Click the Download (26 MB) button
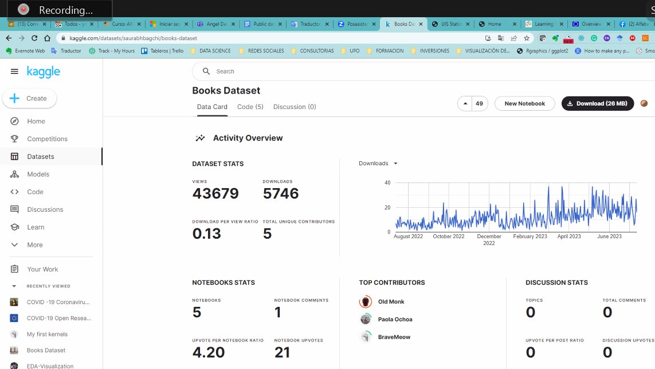click(x=597, y=103)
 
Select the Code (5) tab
click(x=250, y=107)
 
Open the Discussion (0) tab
click(x=295, y=107)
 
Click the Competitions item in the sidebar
click(x=47, y=139)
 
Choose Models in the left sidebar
click(x=38, y=174)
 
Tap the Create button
click(x=29, y=98)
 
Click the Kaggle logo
click(x=43, y=72)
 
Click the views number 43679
click(x=215, y=194)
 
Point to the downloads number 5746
click(x=281, y=194)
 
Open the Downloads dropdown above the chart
click(x=378, y=164)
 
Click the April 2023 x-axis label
click(x=568, y=236)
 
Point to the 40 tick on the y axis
click(x=387, y=183)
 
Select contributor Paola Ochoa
click(x=395, y=320)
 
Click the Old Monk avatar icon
click(x=366, y=302)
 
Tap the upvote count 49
click(x=479, y=103)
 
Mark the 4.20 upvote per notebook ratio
click(x=209, y=352)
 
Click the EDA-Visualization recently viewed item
click(x=50, y=366)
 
